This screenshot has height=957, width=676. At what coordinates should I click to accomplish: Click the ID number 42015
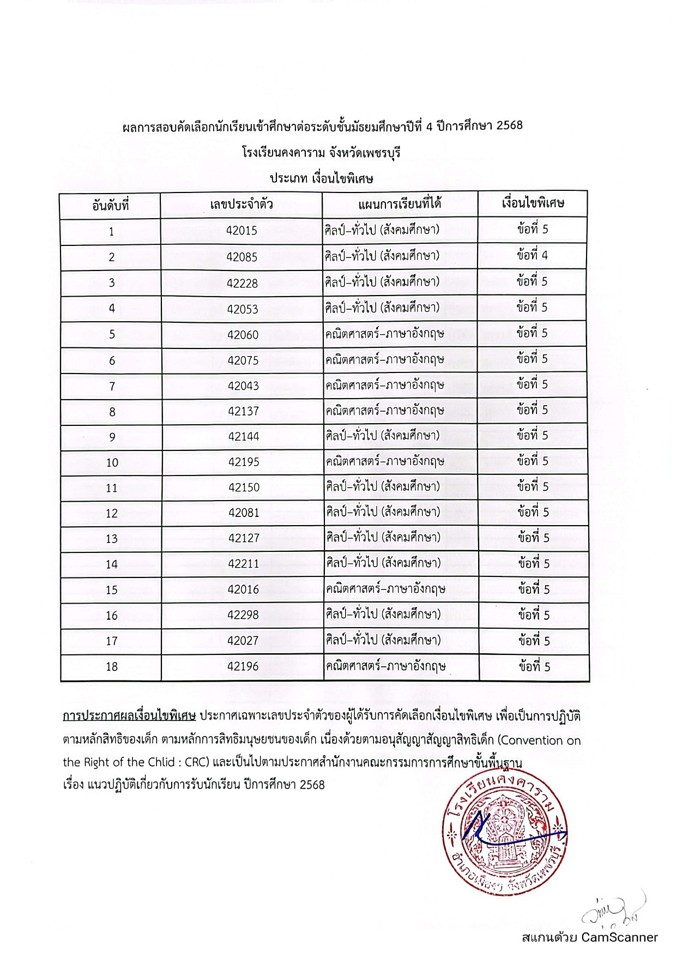click(x=242, y=231)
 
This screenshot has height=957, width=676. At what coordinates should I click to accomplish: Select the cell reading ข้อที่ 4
click(x=533, y=255)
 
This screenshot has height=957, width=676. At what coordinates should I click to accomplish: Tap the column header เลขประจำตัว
click(x=242, y=205)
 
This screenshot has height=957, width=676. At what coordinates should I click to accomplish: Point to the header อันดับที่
click(x=111, y=206)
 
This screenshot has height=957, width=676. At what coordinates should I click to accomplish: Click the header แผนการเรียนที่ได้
click(x=400, y=204)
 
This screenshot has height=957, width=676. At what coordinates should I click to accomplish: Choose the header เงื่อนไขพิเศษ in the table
click(x=533, y=203)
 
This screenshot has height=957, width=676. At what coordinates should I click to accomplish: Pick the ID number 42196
click(x=243, y=666)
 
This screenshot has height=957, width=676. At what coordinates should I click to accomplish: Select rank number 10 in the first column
click(x=112, y=462)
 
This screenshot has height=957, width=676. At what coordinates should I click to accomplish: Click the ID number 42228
click(x=243, y=283)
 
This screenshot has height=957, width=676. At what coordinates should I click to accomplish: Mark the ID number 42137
click(x=244, y=411)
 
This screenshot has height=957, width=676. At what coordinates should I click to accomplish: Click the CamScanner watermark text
click(x=589, y=937)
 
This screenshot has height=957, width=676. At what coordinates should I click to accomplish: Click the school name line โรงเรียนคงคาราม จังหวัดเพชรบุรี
click(x=322, y=153)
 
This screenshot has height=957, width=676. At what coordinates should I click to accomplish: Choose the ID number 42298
click(x=243, y=615)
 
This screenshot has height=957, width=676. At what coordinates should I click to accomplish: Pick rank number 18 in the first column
click(x=112, y=666)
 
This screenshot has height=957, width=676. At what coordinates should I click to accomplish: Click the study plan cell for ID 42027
click(x=383, y=640)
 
